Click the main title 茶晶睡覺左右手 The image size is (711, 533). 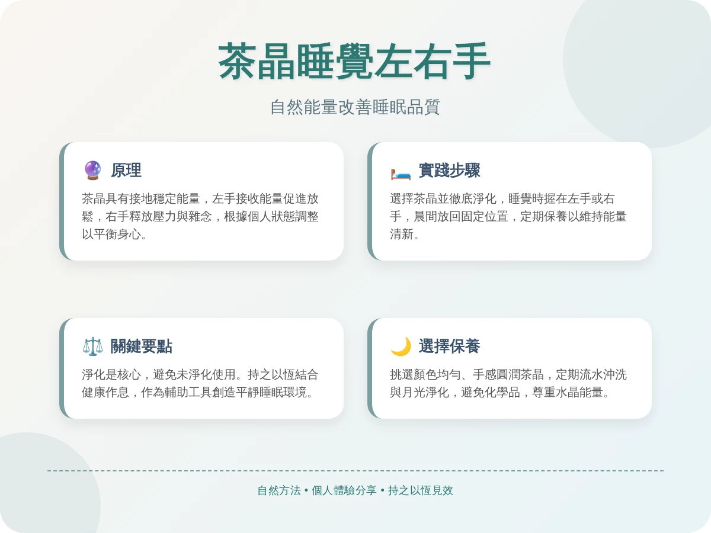(355, 62)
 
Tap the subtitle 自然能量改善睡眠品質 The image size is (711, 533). (355, 107)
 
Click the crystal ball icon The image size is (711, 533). (92, 171)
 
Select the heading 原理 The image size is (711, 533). (126, 171)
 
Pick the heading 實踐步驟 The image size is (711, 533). (449, 171)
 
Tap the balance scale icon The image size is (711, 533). (92, 346)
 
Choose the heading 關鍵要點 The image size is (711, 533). (142, 346)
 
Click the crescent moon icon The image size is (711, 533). (401, 346)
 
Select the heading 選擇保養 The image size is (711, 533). (449, 346)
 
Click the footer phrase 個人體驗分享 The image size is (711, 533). (344, 490)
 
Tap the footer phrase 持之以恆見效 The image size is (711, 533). (421, 490)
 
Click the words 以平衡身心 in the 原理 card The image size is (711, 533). (111, 234)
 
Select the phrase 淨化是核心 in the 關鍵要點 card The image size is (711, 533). (111, 374)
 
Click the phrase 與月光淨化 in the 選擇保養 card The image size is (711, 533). (419, 392)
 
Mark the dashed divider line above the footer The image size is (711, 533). (355, 471)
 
